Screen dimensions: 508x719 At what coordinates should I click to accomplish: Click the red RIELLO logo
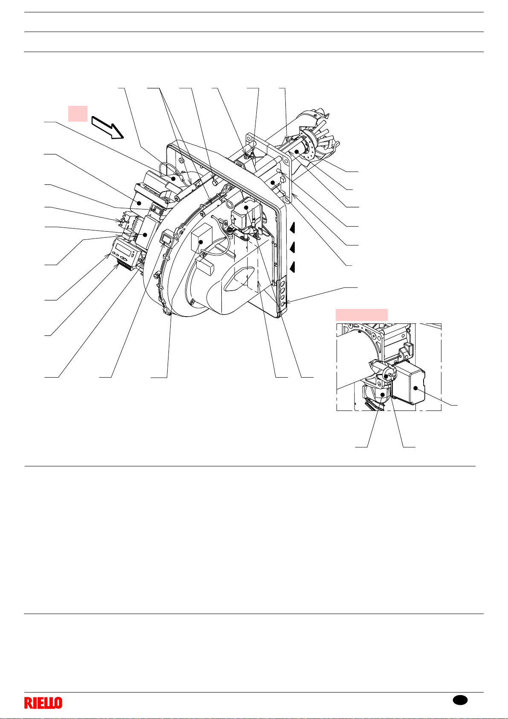[44, 703]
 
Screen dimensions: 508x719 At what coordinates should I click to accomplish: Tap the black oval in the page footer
[460, 700]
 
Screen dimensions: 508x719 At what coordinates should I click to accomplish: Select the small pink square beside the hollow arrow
[78, 114]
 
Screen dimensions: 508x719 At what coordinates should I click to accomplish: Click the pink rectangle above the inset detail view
[362, 315]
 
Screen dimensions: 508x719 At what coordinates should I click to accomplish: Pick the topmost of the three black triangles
[292, 228]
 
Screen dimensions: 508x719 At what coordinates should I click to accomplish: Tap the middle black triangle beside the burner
[292, 247]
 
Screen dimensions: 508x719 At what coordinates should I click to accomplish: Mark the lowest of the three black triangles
[292, 267]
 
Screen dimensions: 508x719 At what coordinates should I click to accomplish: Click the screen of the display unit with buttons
[124, 249]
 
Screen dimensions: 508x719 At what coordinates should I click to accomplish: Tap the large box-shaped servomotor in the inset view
[409, 382]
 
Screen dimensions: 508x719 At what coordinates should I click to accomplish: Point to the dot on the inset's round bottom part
[382, 394]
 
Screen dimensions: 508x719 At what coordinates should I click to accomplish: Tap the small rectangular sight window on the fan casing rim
[166, 238]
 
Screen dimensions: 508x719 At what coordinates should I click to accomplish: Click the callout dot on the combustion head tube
[297, 151]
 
